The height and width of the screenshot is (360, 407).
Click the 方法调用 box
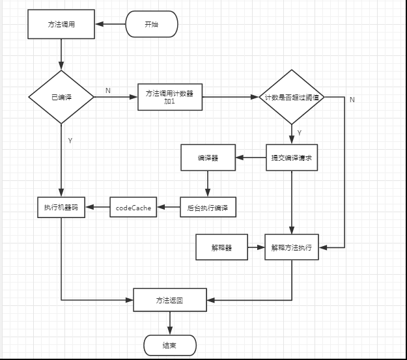pos(61,24)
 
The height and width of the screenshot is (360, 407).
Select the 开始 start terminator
pos(150,25)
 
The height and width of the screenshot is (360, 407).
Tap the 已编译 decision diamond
pos(61,97)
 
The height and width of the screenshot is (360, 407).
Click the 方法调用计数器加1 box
pos(170,98)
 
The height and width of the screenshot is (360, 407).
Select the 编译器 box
pos(208,158)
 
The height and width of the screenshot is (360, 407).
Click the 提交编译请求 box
pos(291,158)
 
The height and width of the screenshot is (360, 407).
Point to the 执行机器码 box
pos(61,207)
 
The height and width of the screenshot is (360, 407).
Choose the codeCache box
pos(133,208)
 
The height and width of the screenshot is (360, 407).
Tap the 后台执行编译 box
pos(207,208)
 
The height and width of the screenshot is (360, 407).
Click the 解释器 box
pos(221,247)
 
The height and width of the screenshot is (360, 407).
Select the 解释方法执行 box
pos(291,247)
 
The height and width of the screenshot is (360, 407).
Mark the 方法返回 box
pos(170,300)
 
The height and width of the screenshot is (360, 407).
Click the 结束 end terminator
pos(169,344)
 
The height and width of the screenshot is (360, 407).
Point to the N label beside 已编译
pos(107,91)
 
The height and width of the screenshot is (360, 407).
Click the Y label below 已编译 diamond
pos(70,141)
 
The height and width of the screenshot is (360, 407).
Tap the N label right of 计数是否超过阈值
pos(352,100)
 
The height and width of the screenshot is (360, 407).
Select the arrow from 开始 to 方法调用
pos(110,25)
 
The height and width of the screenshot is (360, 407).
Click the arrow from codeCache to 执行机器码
pos(97,208)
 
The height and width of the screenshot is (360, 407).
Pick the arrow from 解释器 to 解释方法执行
pos(256,247)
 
